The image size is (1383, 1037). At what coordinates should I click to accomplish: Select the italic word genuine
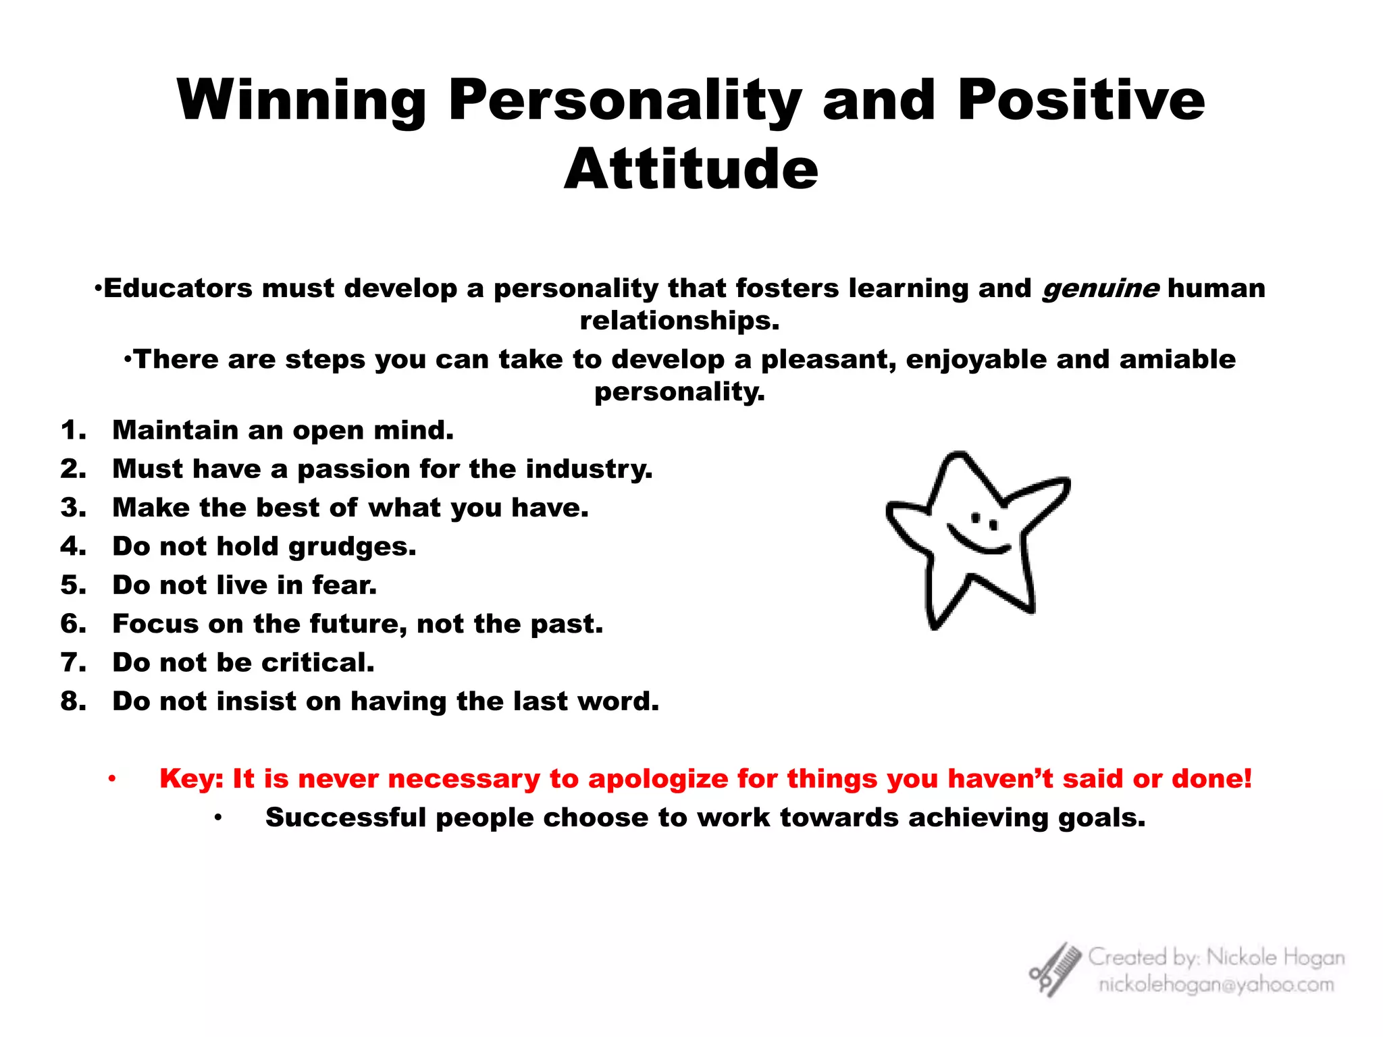(x=1101, y=288)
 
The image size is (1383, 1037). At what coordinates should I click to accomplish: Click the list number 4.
(x=73, y=546)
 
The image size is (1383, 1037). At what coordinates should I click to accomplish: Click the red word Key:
(x=191, y=778)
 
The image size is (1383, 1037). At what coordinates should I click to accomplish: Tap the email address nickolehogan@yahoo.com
(x=1216, y=985)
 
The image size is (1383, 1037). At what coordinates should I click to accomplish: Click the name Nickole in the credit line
(x=1241, y=957)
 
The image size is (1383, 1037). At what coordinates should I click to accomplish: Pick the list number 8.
(x=73, y=701)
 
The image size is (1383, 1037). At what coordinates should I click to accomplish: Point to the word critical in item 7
(x=317, y=662)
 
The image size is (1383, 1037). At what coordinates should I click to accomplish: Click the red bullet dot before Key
(x=112, y=779)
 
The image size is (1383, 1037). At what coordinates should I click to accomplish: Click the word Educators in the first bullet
(x=178, y=288)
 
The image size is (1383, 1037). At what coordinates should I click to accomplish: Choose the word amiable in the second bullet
(x=1177, y=359)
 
